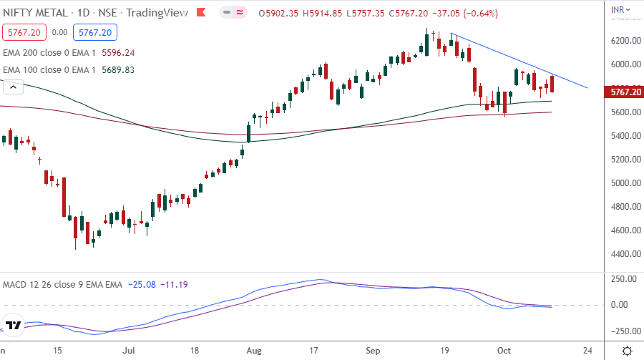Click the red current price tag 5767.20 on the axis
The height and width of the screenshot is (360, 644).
pyautogui.click(x=624, y=92)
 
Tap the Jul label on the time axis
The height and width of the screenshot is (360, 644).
pyautogui.click(x=129, y=351)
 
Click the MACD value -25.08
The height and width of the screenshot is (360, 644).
pyautogui.click(x=140, y=285)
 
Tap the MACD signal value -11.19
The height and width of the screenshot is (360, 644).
pyautogui.click(x=174, y=285)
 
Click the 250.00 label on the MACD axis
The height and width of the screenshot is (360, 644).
pyautogui.click(x=624, y=280)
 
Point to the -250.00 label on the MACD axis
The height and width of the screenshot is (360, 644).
pyautogui.click(x=624, y=331)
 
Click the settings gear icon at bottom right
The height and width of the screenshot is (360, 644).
pyautogui.click(x=627, y=351)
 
